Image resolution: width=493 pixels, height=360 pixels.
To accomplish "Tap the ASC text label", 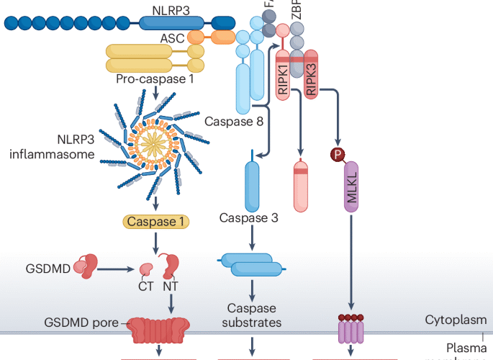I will click(171, 38).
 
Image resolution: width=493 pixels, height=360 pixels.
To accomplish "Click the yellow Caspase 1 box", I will click(157, 222).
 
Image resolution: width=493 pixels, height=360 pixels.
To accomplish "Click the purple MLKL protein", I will click(350, 185).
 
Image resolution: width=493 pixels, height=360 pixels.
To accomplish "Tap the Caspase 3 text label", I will click(248, 217).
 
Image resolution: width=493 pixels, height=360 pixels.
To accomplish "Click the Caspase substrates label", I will click(251, 315).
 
